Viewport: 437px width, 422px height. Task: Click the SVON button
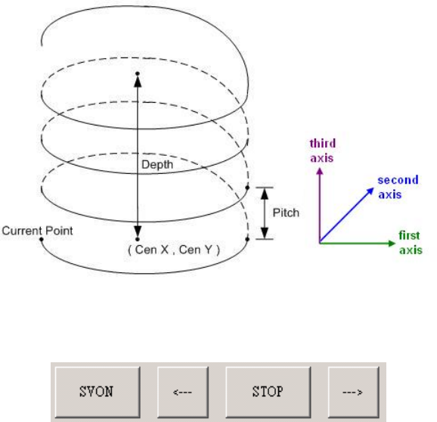click(x=98, y=392)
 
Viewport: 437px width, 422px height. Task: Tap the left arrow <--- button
click(x=183, y=392)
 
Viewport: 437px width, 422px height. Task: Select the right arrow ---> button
click(x=353, y=392)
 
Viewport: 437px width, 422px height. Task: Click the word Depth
click(x=157, y=164)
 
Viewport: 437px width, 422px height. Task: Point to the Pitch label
click(x=286, y=213)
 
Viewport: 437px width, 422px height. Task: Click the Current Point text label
click(x=37, y=231)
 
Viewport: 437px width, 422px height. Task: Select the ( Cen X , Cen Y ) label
click(x=174, y=250)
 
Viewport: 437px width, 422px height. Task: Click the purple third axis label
click(x=322, y=150)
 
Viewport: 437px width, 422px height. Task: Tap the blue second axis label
click(x=398, y=187)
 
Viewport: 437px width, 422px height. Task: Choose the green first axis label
click(x=411, y=243)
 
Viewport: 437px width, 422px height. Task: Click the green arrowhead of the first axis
click(x=392, y=244)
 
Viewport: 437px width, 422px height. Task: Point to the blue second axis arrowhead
click(x=370, y=191)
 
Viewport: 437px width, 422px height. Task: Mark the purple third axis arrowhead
click(x=320, y=171)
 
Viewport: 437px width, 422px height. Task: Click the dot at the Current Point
click(x=42, y=239)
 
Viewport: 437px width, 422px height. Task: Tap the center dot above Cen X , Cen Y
click(x=137, y=239)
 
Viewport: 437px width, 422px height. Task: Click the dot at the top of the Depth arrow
click(x=138, y=73)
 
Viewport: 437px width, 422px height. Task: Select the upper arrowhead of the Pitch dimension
click(x=265, y=194)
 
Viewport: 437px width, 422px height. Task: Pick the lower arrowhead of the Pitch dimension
click(x=265, y=233)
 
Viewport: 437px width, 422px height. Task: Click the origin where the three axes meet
click(x=320, y=243)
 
